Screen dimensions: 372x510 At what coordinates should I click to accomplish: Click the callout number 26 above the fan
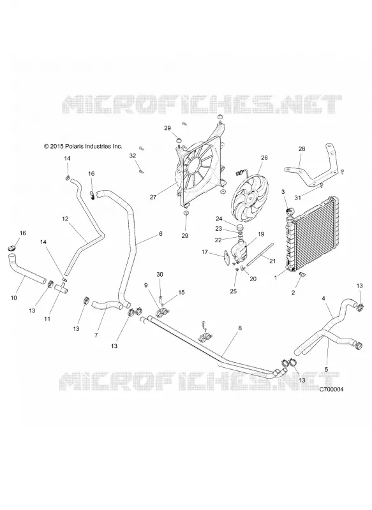pos(264,157)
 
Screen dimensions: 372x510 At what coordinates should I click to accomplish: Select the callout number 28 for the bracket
pos(302,149)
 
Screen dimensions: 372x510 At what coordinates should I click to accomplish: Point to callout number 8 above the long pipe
pos(240,328)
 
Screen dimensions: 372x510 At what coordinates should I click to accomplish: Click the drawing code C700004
pos(331,389)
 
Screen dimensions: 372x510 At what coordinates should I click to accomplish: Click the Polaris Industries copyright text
pos(83,147)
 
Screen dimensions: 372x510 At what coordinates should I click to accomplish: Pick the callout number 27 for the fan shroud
pos(153,197)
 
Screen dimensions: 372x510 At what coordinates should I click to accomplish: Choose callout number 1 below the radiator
pos(276,277)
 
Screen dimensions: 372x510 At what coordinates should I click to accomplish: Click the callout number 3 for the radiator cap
pos(283,192)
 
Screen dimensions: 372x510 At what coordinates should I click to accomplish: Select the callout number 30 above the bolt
pos(160,275)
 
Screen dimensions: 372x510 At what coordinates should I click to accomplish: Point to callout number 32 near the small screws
pos(133,156)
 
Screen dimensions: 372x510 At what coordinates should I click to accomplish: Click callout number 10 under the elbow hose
pos(13,298)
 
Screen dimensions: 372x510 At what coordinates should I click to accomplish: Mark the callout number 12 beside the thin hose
pos(65,219)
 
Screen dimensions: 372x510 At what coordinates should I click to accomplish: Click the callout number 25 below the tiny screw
pos(234,291)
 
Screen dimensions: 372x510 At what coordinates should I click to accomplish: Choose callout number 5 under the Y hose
pos(327,369)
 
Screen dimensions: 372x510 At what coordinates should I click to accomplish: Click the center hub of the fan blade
pos(250,196)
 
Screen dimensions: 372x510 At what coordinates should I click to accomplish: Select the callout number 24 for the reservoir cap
pos(228,219)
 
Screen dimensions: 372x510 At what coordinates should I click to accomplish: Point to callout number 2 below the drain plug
pos(293,293)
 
